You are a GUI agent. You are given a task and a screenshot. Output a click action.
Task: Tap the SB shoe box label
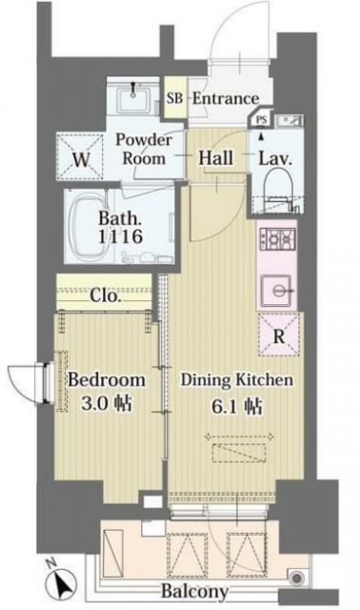175,98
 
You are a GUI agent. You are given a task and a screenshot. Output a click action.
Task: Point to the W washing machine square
84,159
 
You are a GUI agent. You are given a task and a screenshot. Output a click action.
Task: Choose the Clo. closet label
106,295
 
